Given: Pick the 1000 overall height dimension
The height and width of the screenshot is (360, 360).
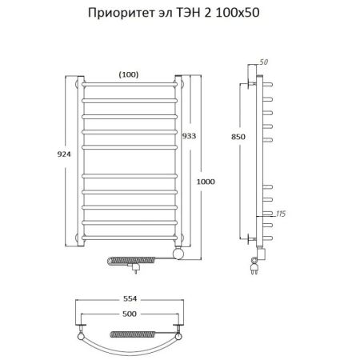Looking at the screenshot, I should click(206, 182).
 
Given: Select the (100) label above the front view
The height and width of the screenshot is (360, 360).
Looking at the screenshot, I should click(128, 74).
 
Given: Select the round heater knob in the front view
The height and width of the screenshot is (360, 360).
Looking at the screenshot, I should click(178, 254).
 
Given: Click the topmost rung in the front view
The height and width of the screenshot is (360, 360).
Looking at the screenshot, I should click(128, 82).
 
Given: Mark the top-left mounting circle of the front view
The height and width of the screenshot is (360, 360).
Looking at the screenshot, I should click(78, 82).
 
